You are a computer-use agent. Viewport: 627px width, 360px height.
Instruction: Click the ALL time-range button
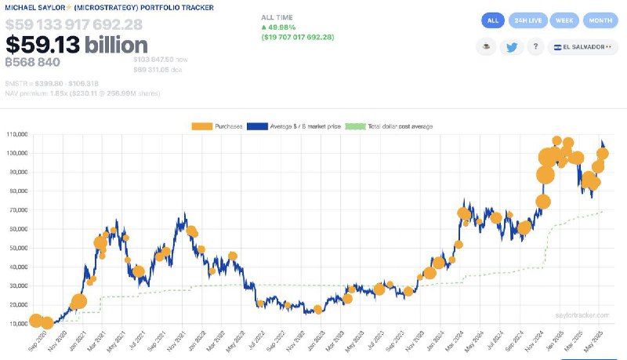click(x=493, y=21)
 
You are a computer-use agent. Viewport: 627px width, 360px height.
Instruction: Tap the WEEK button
click(x=564, y=21)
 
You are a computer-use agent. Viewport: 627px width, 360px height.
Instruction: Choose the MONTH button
click(x=600, y=21)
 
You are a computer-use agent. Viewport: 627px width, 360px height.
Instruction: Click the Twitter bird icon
click(x=512, y=47)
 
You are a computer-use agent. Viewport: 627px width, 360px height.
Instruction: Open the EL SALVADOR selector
click(x=578, y=47)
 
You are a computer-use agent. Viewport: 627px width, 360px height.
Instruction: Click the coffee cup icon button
click(x=486, y=47)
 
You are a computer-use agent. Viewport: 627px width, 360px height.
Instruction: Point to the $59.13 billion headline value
click(x=77, y=45)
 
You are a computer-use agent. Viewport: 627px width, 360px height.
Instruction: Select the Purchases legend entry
click(x=217, y=125)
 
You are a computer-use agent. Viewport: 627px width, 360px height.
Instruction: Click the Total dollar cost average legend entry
click(x=390, y=125)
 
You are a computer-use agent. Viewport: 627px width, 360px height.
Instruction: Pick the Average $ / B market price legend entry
click(x=295, y=125)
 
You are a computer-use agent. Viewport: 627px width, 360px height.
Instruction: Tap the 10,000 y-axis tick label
click(x=17, y=323)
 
